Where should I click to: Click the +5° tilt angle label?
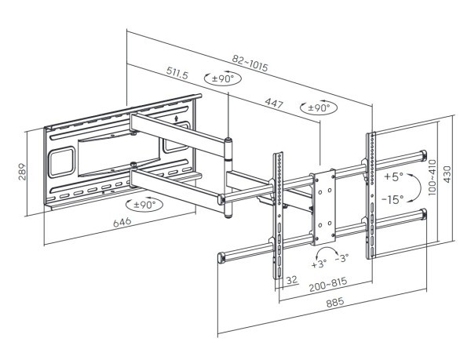pos(393,175)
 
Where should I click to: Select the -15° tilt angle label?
pos(392,199)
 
